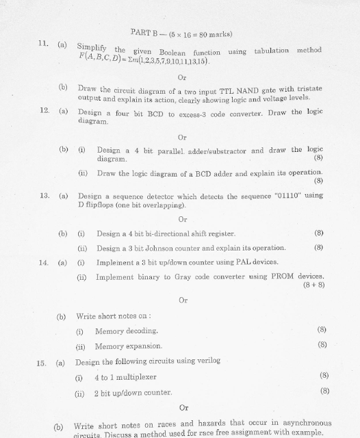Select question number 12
coord(43,112)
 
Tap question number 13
coord(43,196)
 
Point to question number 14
coord(43,262)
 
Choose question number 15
coord(42,361)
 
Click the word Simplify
coord(92,48)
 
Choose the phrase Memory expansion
coord(129,346)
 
